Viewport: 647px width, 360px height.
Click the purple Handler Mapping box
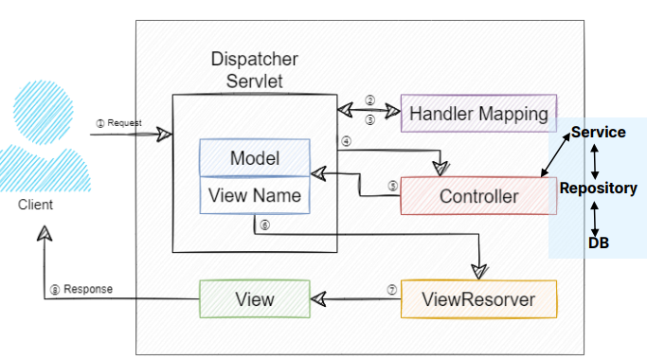click(478, 113)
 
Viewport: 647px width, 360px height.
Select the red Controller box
click(478, 196)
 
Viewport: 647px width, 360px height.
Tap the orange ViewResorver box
click(478, 299)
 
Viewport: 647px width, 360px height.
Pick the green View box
click(255, 299)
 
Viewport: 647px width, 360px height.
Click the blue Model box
click(255, 157)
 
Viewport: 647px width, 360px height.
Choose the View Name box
click(255, 195)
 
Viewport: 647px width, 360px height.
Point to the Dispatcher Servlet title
click(255, 70)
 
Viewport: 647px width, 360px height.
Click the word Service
click(599, 132)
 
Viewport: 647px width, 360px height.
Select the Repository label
click(599, 189)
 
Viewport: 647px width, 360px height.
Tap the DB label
click(599, 243)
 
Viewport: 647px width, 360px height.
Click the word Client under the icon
click(35, 205)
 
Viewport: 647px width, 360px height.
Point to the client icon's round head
click(43, 113)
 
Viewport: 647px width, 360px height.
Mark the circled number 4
click(346, 141)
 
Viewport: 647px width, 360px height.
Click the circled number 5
click(393, 186)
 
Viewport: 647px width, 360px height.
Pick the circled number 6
click(264, 225)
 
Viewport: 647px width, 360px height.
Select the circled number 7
click(391, 290)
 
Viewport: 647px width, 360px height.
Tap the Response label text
click(88, 289)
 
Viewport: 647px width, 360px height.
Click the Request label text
click(124, 123)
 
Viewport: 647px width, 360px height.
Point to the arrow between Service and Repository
click(595, 161)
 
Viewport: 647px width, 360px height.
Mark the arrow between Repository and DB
click(595, 219)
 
